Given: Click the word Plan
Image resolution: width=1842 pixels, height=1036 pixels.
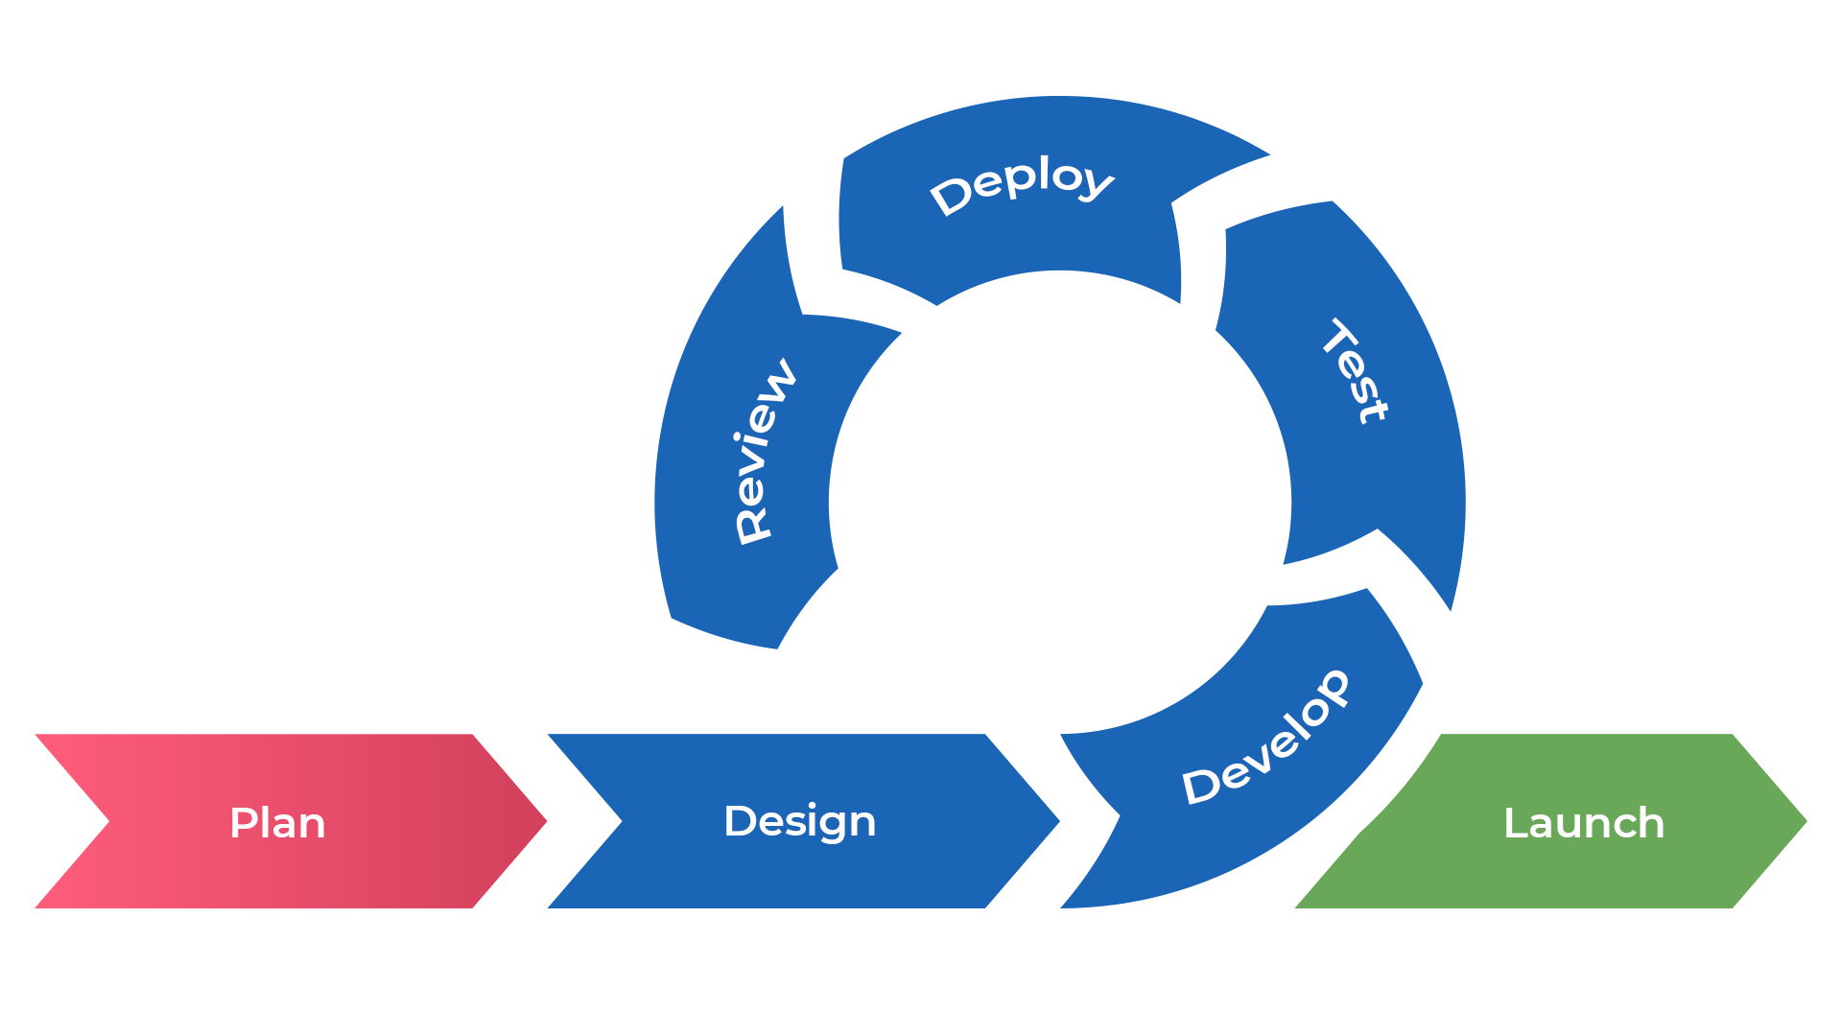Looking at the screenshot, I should pyautogui.click(x=277, y=823).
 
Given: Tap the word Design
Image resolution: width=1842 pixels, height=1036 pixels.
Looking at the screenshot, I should pyautogui.click(x=799, y=822).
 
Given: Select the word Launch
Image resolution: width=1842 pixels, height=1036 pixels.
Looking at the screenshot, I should pyautogui.click(x=1583, y=823).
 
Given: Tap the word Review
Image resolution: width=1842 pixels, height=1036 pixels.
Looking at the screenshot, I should pyautogui.click(x=764, y=451).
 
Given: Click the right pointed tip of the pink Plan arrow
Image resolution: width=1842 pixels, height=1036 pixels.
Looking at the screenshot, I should pyautogui.click(x=545, y=821).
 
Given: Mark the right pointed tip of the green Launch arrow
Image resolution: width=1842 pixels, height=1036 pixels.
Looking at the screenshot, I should pyautogui.click(x=1806, y=821).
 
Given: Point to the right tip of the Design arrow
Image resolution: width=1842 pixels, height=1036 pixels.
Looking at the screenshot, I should pyautogui.click(x=1058, y=821).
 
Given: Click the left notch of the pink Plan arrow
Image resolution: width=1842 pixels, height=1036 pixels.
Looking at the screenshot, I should pyautogui.click(x=107, y=821).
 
